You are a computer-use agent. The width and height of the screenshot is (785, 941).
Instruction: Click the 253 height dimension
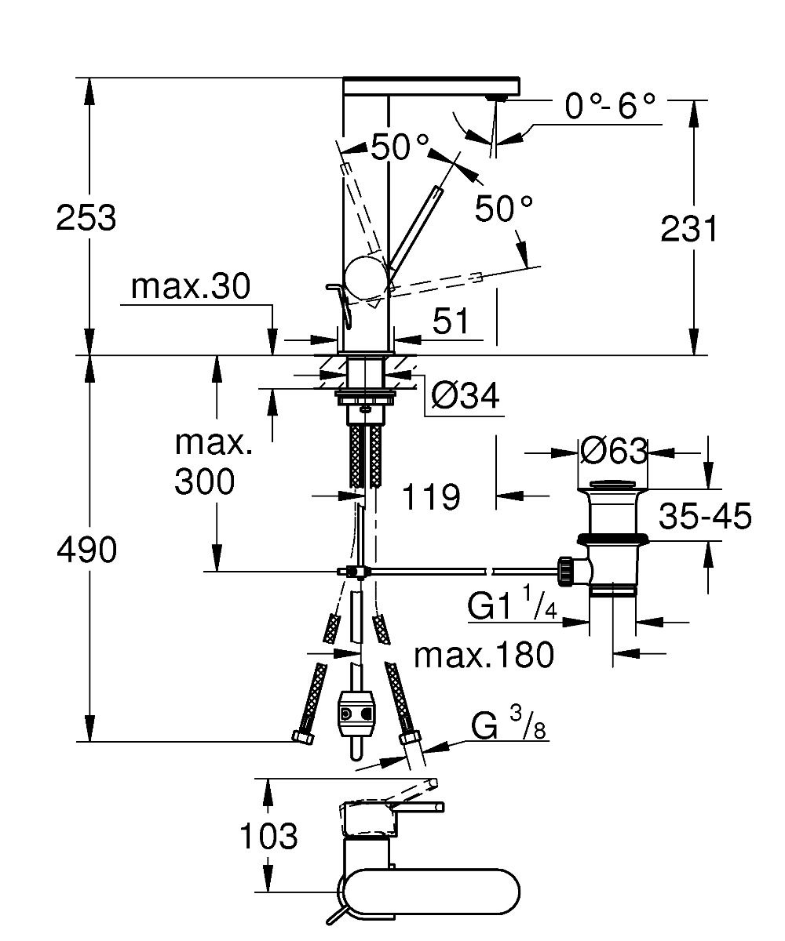click(86, 218)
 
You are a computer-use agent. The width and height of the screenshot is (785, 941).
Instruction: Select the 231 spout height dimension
click(689, 230)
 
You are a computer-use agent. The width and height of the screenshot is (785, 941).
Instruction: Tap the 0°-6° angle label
click(610, 107)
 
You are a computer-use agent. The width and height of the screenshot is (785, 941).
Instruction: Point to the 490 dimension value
click(86, 551)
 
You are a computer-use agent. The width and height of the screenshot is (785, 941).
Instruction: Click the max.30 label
click(190, 288)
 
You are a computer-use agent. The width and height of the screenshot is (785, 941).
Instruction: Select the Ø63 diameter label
click(615, 452)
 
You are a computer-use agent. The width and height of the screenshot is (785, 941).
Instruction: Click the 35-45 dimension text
click(705, 517)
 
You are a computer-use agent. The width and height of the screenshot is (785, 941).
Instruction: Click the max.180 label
click(484, 655)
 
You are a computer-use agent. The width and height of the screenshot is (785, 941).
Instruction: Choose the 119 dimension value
click(430, 496)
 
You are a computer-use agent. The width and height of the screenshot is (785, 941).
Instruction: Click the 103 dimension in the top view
click(268, 837)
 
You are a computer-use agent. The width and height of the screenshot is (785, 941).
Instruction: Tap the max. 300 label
click(205, 463)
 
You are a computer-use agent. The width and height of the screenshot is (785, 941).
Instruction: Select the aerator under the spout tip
click(495, 97)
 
